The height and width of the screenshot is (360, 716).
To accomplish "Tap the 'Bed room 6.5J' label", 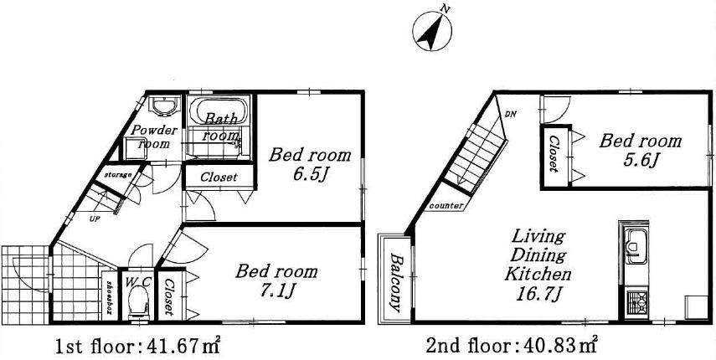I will (x=309, y=165).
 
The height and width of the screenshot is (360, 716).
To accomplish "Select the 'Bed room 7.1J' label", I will (x=276, y=280).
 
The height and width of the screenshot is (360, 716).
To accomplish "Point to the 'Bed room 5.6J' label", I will (x=640, y=150).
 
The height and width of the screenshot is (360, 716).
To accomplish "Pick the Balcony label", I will (x=396, y=282).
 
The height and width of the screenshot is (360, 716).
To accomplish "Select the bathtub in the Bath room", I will (x=219, y=111).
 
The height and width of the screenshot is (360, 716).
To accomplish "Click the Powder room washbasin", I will (x=162, y=107).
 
